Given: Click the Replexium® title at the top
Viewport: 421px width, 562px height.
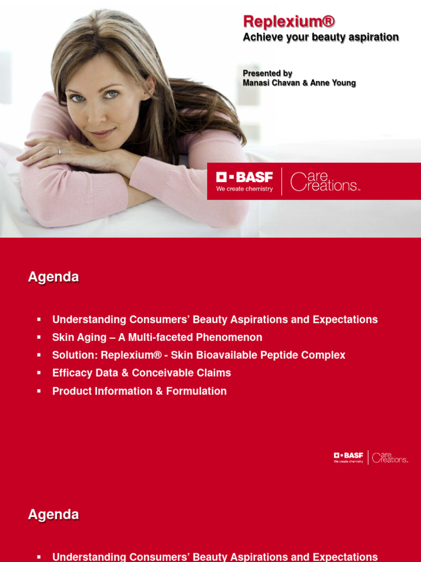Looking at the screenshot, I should tap(288, 21).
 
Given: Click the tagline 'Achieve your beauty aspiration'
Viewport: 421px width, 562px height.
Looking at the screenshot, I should tap(321, 37).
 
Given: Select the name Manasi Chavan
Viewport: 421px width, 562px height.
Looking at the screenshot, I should tap(271, 83).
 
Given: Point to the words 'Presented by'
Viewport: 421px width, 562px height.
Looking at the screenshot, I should tap(268, 73).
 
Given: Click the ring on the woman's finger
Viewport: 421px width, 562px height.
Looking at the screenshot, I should tap(59, 150).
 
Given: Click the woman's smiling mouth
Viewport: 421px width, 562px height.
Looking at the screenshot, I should tap(103, 133).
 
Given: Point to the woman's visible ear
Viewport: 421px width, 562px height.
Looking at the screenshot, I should tap(149, 85).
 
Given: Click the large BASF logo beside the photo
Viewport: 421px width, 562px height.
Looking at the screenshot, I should tap(244, 177).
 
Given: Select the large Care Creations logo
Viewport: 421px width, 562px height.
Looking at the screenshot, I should tap(325, 182).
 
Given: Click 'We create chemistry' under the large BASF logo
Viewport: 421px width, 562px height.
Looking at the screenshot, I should tap(244, 189).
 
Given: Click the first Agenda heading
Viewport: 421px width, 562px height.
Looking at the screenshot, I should tap(53, 277).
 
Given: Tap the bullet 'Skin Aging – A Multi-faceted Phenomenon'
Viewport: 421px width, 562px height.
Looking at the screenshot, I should tap(157, 338).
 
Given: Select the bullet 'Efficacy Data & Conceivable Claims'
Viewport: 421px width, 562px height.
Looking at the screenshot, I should tap(141, 373).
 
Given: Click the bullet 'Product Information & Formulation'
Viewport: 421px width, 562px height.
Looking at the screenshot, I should tap(139, 391).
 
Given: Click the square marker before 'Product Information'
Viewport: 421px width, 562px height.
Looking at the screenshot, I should tap(39, 391).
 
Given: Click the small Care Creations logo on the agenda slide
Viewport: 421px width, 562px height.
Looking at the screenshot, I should tap(390, 457).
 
